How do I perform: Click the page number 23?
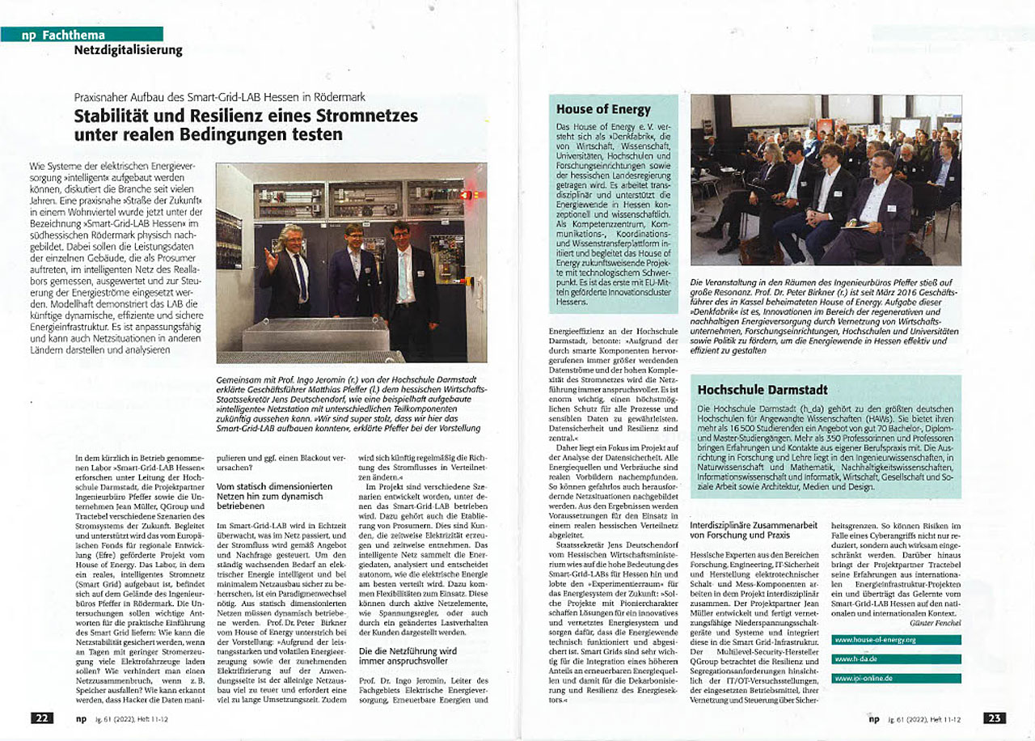(995, 718)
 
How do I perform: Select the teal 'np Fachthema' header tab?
(81, 34)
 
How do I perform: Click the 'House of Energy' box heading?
(603, 108)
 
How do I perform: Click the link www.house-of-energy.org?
(877, 640)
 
